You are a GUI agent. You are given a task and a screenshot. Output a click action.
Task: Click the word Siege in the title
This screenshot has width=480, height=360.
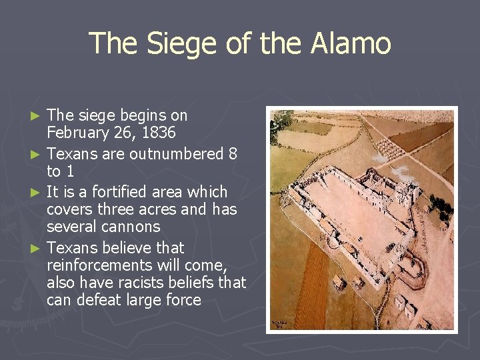(170, 44)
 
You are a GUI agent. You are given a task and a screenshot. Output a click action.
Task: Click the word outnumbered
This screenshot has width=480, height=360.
(176, 154)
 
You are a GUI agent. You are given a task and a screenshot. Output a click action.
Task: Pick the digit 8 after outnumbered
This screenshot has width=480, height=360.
(232, 154)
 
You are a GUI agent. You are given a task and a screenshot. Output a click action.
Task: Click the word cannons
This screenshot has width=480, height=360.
(131, 227)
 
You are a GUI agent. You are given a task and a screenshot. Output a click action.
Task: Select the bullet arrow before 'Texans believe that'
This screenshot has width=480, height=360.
(39, 249)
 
